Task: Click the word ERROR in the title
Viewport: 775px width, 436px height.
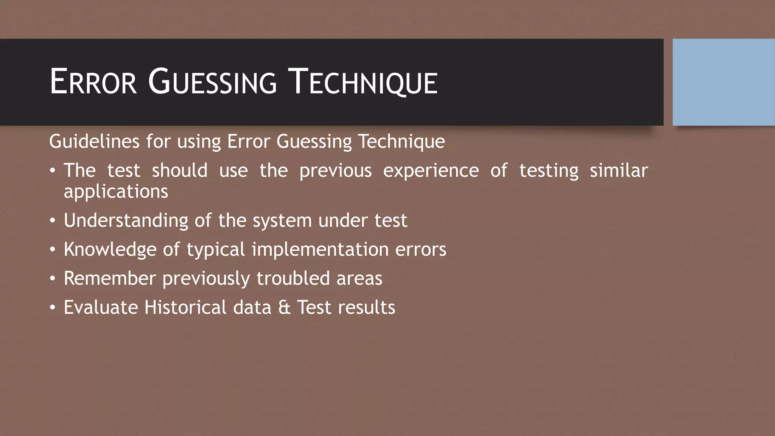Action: pos(93,82)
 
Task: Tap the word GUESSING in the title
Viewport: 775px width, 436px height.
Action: pos(212,82)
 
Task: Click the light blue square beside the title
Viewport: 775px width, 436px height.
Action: pos(724,82)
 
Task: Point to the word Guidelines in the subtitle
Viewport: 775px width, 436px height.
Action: pos(94,142)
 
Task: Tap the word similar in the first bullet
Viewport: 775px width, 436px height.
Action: pos(619,171)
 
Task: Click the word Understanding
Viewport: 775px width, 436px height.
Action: pos(126,221)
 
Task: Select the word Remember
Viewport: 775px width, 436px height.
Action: pos(110,279)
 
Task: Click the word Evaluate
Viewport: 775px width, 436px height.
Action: pos(101,307)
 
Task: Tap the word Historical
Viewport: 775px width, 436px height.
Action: pos(185,307)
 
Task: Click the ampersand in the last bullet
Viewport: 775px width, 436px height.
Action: pos(284,307)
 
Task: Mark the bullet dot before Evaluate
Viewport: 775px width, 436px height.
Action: pos(53,307)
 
